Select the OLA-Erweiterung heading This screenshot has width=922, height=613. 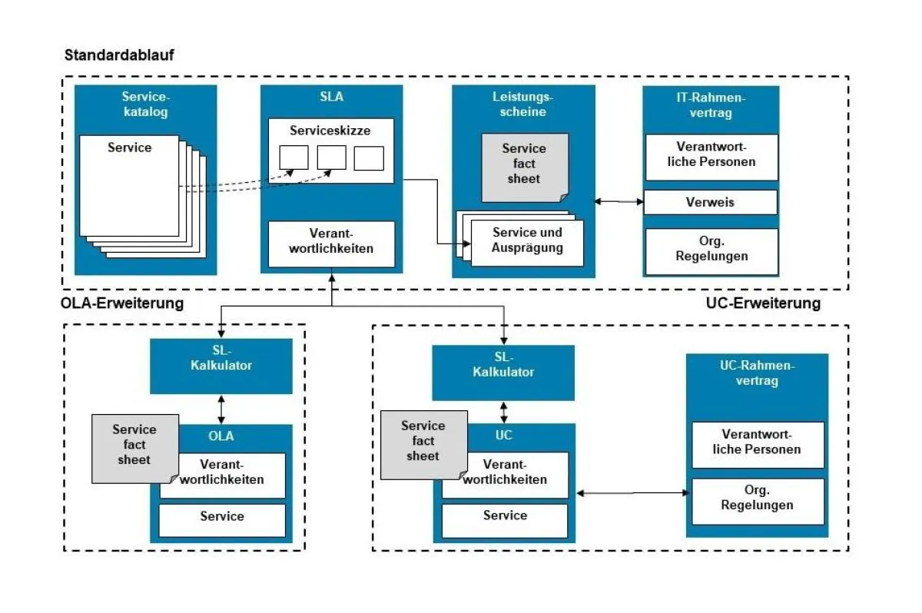tap(123, 303)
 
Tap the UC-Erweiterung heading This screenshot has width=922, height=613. tap(762, 303)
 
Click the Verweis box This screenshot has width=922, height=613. tap(710, 203)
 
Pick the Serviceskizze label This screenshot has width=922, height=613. tap(330, 131)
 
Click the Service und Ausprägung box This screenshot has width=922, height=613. tap(527, 240)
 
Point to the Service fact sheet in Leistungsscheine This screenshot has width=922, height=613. tap(524, 164)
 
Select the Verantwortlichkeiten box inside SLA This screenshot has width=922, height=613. tap(330, 241)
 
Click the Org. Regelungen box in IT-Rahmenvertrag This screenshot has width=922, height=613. tap(711, 250)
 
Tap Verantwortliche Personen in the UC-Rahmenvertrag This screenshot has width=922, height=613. tap(757, 442)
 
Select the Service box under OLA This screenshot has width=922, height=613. tap(222, 517)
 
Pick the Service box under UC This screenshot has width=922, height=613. tap(505, 516)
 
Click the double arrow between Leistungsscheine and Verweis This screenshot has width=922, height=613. tap(619, 201)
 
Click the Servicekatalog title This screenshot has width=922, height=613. tap(145, 104)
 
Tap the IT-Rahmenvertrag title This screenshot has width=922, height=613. tap(711, 104)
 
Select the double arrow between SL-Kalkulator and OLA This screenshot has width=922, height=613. tap(221, 409)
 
